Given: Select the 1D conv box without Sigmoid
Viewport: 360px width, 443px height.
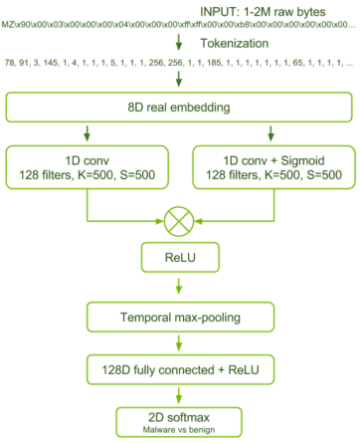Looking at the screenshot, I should tap(89, 163).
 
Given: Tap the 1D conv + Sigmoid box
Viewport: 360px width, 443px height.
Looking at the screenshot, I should tap(270, 163).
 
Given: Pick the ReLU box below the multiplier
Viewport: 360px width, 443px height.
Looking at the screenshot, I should tap(179, 261).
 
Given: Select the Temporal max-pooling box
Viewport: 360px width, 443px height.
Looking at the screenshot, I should tap(179, 318).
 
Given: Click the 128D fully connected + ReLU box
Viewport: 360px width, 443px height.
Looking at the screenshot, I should tap(179, 369).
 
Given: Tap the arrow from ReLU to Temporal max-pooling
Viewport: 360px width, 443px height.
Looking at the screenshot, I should tap(179, 290).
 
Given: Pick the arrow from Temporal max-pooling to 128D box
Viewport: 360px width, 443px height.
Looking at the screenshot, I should tap(179, 343).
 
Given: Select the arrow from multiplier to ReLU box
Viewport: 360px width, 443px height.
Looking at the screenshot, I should tap(179, 239).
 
